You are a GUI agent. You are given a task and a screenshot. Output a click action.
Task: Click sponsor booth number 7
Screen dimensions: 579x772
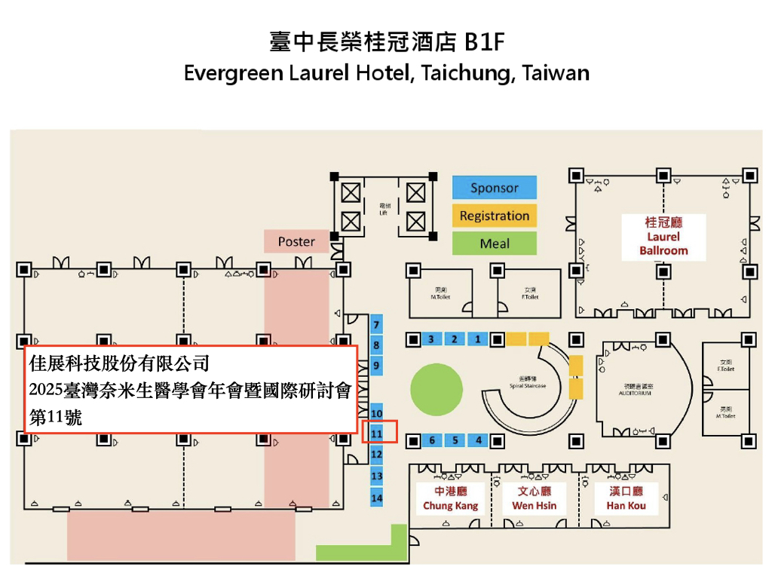click(377, 325)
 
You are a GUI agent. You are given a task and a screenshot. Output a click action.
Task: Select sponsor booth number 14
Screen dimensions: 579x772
click(377, 498)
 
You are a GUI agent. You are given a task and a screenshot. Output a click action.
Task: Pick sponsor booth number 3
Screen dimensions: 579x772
click(430, 339)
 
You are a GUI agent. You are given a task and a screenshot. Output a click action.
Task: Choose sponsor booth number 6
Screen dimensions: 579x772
click(431, 440)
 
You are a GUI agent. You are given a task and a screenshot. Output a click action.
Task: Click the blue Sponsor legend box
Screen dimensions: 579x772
click(494, 188)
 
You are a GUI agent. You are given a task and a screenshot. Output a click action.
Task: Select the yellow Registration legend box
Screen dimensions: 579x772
click(494, 216)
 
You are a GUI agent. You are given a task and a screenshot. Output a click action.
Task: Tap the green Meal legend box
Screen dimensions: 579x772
click(494, 244)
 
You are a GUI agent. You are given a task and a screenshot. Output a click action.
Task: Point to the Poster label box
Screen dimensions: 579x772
click(296, 241)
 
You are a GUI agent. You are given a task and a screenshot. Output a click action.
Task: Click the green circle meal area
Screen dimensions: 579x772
click(436, 389)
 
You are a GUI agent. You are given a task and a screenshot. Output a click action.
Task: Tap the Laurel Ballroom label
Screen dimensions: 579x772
click(663, 237)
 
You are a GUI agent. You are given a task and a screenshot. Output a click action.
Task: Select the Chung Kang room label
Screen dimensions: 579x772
click(450, 499)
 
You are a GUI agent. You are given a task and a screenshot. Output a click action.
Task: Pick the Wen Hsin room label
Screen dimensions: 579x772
click(534, 499)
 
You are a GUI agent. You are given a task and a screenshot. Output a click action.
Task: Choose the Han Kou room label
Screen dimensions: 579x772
click(626, 499)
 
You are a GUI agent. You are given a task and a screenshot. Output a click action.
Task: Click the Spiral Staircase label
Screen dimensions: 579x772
click(527, 384)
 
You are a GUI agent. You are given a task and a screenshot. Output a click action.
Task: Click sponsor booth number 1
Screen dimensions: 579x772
click(478, 339)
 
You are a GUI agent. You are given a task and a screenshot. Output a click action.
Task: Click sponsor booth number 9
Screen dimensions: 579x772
click(377, 366)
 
